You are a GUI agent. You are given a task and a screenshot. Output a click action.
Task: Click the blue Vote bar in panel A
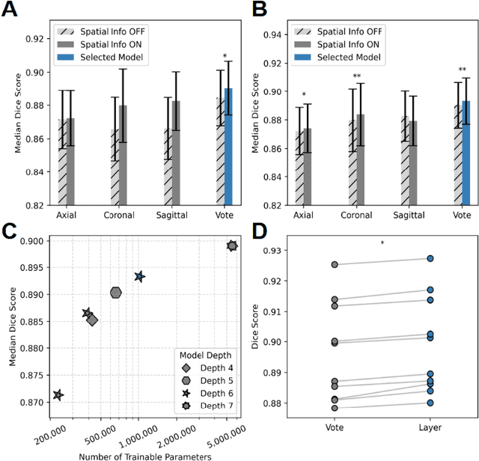(229, 146)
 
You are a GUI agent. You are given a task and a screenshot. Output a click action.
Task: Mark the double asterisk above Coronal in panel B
(357, 77)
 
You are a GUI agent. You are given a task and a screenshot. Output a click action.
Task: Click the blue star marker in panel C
(139, 276)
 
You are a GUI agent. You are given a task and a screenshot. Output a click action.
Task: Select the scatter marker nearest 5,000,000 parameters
(232, 245)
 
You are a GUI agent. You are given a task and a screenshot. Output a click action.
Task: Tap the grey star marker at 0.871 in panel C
(58, 394)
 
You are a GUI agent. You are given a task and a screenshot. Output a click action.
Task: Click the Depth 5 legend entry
(193, 381)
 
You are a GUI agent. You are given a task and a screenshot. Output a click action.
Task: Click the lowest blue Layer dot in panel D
(431, 403)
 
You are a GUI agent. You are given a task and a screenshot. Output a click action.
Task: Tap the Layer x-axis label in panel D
(431, 427)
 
